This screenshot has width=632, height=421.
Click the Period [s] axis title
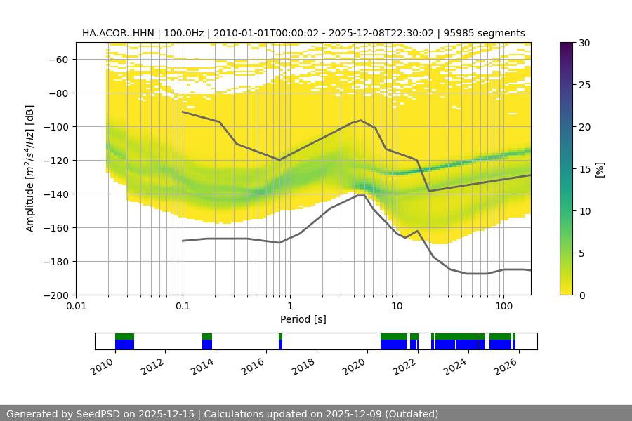click(303, 319)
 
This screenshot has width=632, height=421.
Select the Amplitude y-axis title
click(30, 168)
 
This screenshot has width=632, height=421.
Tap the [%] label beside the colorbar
click(600, 169)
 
